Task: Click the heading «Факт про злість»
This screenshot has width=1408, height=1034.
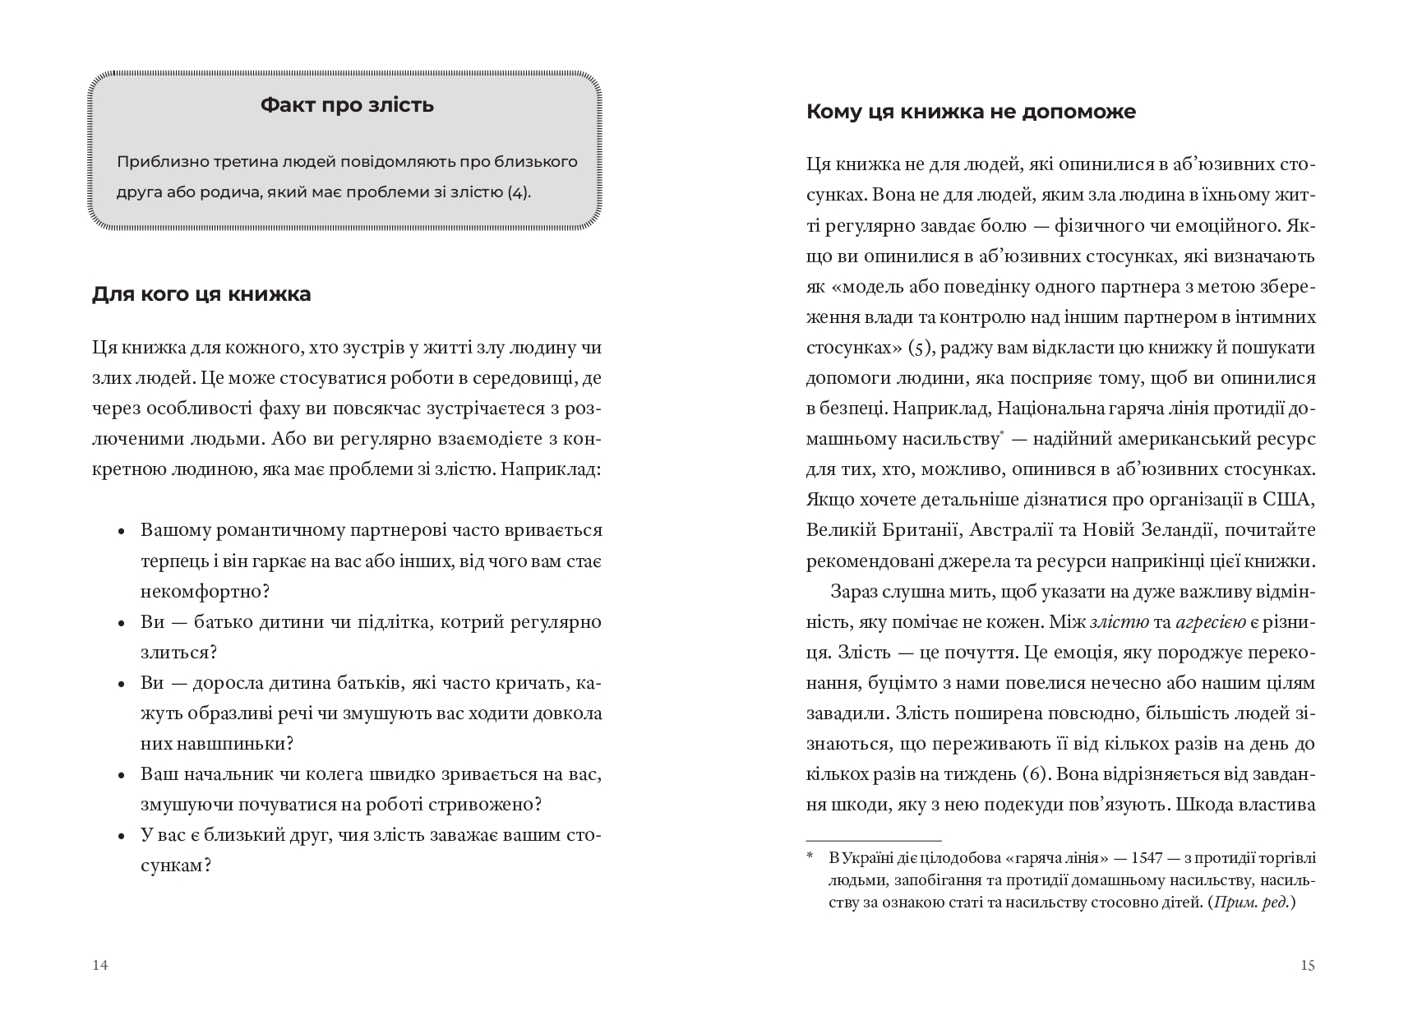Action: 347,105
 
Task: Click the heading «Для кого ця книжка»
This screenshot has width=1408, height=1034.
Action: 201,293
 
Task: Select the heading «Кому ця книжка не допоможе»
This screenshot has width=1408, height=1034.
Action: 971,111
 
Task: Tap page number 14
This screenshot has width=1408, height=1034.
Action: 99,965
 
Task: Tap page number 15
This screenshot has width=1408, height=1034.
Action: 1308,965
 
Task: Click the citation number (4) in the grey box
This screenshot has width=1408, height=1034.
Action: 519,193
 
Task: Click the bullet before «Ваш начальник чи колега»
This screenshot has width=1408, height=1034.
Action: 122,776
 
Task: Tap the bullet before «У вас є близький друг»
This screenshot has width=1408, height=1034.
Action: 122,837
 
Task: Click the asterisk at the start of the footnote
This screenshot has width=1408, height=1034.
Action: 810,858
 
